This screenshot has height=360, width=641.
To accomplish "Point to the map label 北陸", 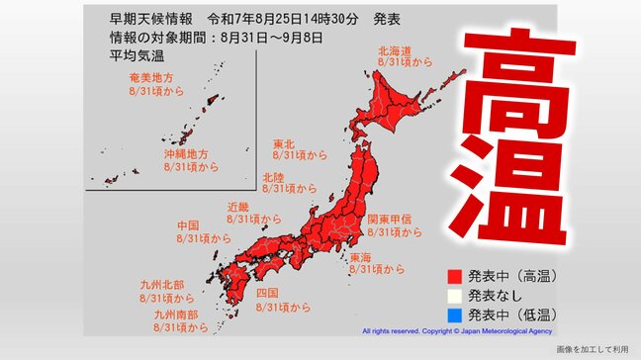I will (x=274, y=175).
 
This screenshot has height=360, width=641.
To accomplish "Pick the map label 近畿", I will (x=238, y=207).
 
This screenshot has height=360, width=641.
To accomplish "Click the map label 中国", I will (x=189, y=225).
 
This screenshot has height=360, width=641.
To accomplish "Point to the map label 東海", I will (x=361, y=256).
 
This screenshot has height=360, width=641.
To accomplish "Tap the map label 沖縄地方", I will (x=185, y=154).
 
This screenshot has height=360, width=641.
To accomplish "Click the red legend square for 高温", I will (x=454, y=277).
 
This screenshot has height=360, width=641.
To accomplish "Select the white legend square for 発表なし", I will (x=454, y=295).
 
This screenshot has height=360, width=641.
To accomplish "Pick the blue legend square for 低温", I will (x=454, y=314).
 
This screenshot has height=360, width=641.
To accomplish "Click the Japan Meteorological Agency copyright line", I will (x=456, y=332).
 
